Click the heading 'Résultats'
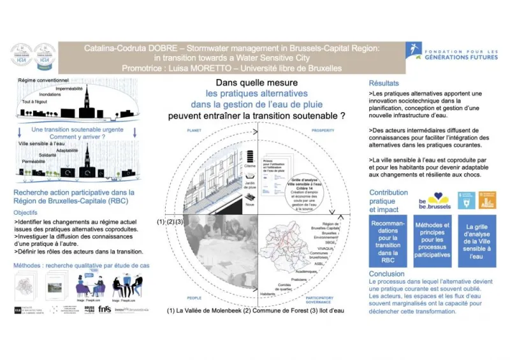pyautogui.click(x=384, y=83)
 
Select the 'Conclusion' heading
pyautogui.click(x=386, y=273)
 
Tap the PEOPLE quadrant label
pyautogui.click(x=193, y=297)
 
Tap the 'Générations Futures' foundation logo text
pyautogui.click(x=457, y=54)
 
